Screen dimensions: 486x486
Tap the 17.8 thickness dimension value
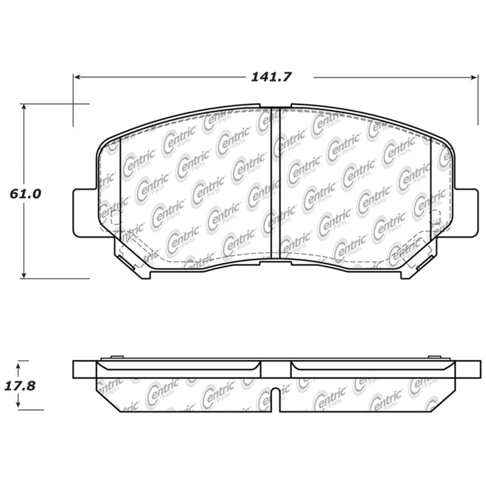[22, 385]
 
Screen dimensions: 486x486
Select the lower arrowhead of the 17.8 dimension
[19, 406]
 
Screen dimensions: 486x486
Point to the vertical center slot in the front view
[275, 182]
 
